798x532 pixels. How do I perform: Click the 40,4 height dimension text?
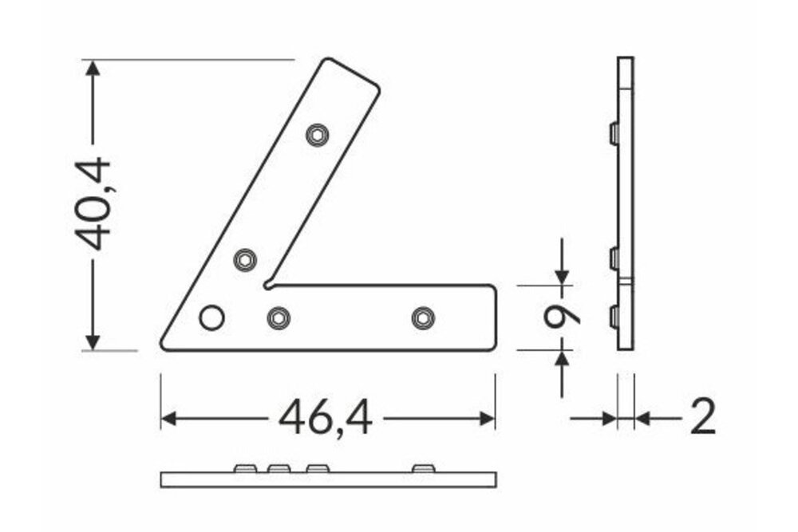pyautogui.click(x=93, y=205)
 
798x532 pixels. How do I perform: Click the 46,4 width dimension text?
pyautogui.click(x=325, y=418)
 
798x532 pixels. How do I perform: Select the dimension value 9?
pyautogui.click(x=561, y=317)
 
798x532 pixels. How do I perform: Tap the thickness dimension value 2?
pyautogui.click(x=701, y=417)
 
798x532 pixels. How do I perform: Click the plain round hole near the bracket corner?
pyautogui.click(x=211, y=317)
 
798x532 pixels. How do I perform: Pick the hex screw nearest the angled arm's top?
pyautogui.click(x=318, y=136)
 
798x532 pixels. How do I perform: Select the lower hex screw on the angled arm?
pyautogui.click(x=246, y=260)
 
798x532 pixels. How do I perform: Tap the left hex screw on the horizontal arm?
pyautogui.click(x=278, y=317)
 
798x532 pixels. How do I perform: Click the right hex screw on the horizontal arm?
pyautogui.click(x=422, y=317)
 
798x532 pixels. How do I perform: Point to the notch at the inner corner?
pyautogui.click(x=269, y=282)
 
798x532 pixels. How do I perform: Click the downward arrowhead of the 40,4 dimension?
pyautogui.click(x=93, y=341)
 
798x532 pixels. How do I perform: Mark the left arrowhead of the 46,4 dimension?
pyautogui.click(x=169, y=418)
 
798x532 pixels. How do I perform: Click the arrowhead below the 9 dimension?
pyautogui.click(x=562, y=358)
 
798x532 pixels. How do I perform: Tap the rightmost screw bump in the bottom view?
pyautogui.click(x=422, y=467)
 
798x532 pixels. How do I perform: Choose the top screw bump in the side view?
pyautogui.click(x=613, y=132)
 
